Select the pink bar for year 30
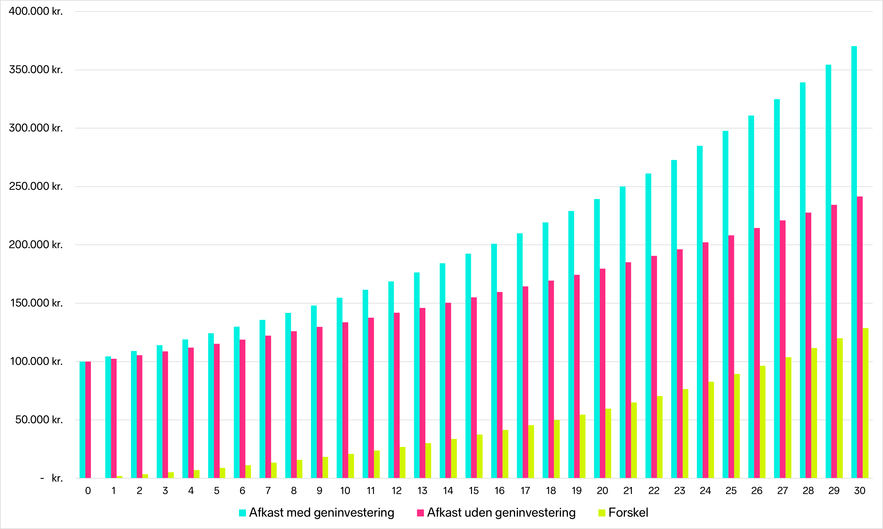pyautogui.click(x=860, y=337)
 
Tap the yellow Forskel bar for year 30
pyautogui.click(x=865, y=403)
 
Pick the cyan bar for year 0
pyautogui.click(x=82, y=420)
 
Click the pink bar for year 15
pyautogui.click(x=474, y=387)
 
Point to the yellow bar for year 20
pyautogui.click(x=608, y=443)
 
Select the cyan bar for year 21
pyautogui.click(x=622, y=332)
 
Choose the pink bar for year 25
pyautogui.click(x=731, y=357)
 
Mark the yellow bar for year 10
pyautogui.click(x=351, y=466)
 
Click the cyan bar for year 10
pyautogui.click(x=340, y=388)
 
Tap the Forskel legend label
pyautogui.click(x=628, y=513)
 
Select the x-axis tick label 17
pyautogui.click(x=525, y=491)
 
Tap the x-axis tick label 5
pyautogui.click(x=217, y=491)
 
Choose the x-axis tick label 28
pyautogui.click(x=808, y=491)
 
